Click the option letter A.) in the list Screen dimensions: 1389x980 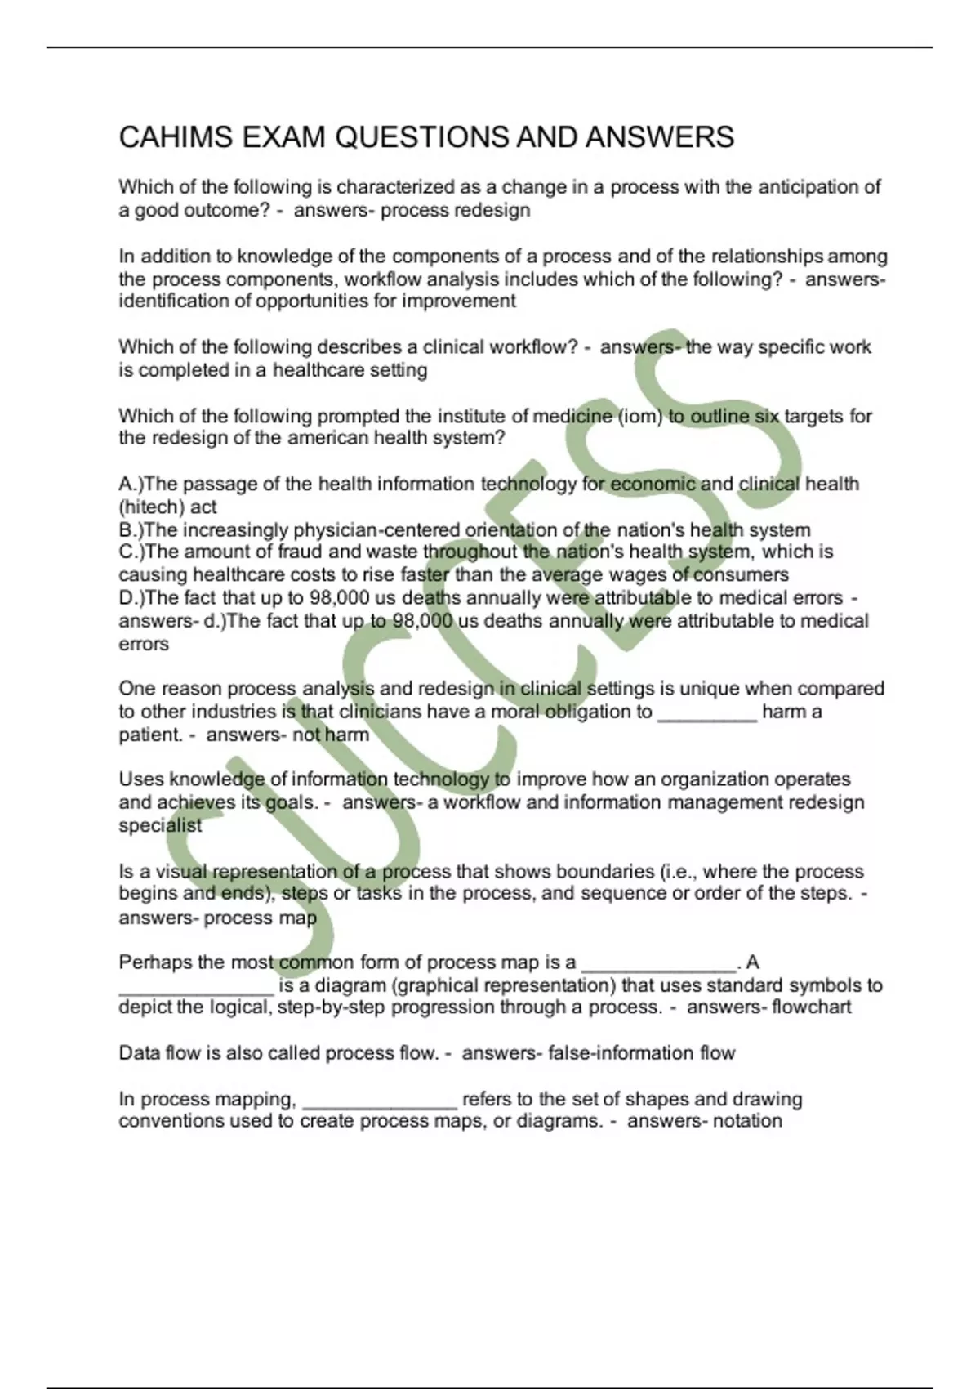131,484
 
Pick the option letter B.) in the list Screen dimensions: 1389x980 131,529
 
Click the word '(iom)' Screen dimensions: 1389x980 639,416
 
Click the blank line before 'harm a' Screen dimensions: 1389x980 707,712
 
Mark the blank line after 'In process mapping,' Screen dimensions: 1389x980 380,1100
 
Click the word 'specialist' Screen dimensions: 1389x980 160,825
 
